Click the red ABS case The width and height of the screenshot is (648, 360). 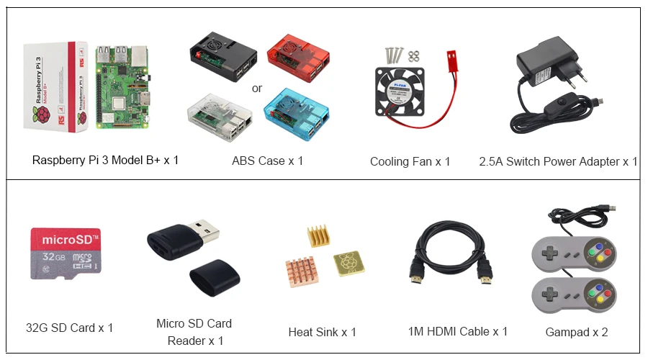298,55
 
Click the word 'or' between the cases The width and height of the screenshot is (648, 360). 256,89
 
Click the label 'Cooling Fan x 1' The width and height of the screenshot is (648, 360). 410,161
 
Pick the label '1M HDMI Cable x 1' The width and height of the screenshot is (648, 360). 457,331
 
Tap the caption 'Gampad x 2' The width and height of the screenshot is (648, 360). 577,332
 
